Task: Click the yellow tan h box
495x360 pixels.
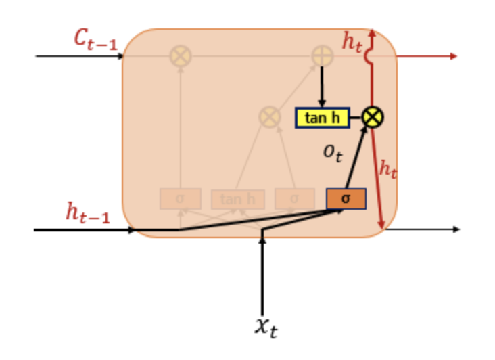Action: coord(323,118)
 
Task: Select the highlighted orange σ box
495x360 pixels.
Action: coord(346,198)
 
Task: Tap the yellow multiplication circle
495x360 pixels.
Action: coord(373,117)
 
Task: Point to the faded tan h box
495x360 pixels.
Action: coord(237,199)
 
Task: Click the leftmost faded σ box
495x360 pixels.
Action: coord(180,199)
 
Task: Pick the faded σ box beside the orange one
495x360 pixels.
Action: coord(294,198)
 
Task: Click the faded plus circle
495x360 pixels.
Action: coord(323,56)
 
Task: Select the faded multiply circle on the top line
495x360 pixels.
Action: coord(180,56)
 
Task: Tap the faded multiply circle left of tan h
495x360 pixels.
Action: coord(270,117)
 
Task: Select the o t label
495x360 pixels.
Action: coord(332,153)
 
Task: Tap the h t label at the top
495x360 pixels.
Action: coord(352,42)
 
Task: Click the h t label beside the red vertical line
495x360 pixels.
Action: coord(387,168)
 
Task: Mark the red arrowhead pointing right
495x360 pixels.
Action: coord(453,56)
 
